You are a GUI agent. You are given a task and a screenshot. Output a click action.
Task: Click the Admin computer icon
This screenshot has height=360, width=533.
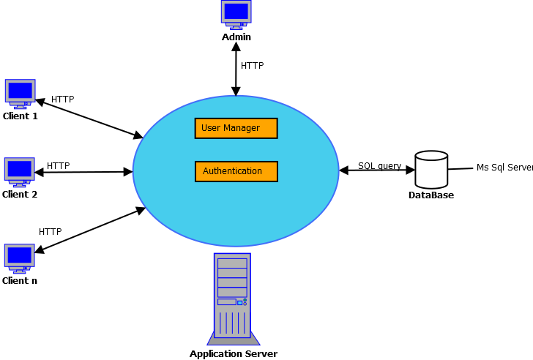click(236, 14)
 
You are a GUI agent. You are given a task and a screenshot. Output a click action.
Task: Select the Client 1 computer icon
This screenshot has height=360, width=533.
click(20, 93)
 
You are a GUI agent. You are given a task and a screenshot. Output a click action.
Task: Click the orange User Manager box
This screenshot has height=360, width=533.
click(236, 128)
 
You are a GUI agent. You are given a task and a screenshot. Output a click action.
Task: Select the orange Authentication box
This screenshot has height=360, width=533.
click(236, 171)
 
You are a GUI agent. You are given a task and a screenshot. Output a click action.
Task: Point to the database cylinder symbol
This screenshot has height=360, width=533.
click(430, 170)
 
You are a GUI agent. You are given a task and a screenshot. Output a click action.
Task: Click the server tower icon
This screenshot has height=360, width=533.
click(232, 299)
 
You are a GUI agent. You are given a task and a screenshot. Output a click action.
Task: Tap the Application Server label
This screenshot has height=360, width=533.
click(233, 354)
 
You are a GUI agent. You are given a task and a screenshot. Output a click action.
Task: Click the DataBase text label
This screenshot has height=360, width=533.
click(430, 195)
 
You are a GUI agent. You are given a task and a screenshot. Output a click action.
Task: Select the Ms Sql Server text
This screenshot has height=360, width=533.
click(504, 168)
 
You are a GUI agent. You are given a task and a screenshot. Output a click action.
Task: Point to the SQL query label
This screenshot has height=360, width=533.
click(379, 166)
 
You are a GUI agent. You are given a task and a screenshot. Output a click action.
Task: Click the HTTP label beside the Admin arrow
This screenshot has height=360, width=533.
click(252, 66)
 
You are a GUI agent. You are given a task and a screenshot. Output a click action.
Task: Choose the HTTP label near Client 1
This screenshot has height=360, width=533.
click(62, 100)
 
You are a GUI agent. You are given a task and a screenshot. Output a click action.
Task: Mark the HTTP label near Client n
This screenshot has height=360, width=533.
click(50, 232)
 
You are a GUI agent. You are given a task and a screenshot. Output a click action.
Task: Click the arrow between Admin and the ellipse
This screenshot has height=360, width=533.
click(236, 69)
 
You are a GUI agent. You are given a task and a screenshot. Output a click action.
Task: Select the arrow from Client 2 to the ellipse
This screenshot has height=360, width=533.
click(84, 172)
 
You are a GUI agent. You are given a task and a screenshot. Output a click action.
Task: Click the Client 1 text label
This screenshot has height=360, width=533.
click(20, 116)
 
